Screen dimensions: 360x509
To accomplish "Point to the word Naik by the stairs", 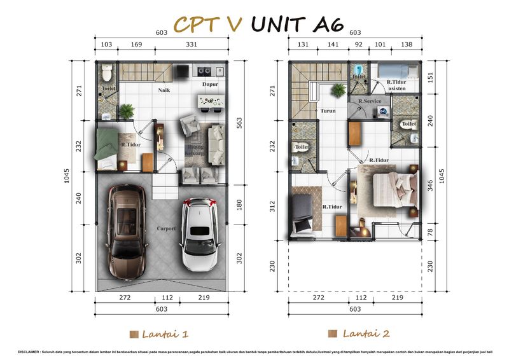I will tap(164, 90).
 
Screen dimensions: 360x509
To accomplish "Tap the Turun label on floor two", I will tap(328, 110).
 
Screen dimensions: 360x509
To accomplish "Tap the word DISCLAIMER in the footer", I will tap(20, 350).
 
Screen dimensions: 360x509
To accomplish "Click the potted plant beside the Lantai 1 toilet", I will tap(127, 111).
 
